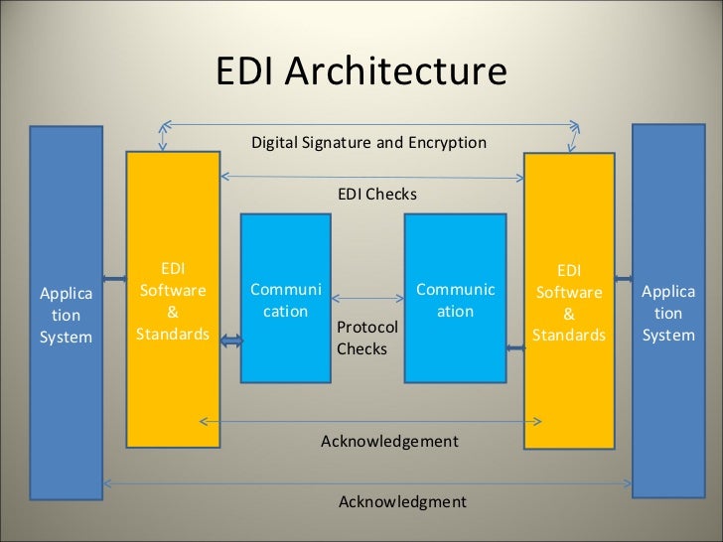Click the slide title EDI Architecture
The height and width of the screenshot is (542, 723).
point(361,72)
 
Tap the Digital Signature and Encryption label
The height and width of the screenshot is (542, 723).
point(368,142)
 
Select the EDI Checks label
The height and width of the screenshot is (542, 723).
point(377,195)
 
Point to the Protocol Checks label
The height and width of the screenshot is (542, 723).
point(366,338)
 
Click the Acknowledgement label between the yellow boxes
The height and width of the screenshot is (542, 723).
point(389,441)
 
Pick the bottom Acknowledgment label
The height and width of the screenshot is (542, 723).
point(402,501)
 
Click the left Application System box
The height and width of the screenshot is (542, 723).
point(66,313)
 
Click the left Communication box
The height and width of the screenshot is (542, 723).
point(285,299)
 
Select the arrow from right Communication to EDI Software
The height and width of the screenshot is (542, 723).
point(515,346)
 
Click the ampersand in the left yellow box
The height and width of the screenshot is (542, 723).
point(172,312)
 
